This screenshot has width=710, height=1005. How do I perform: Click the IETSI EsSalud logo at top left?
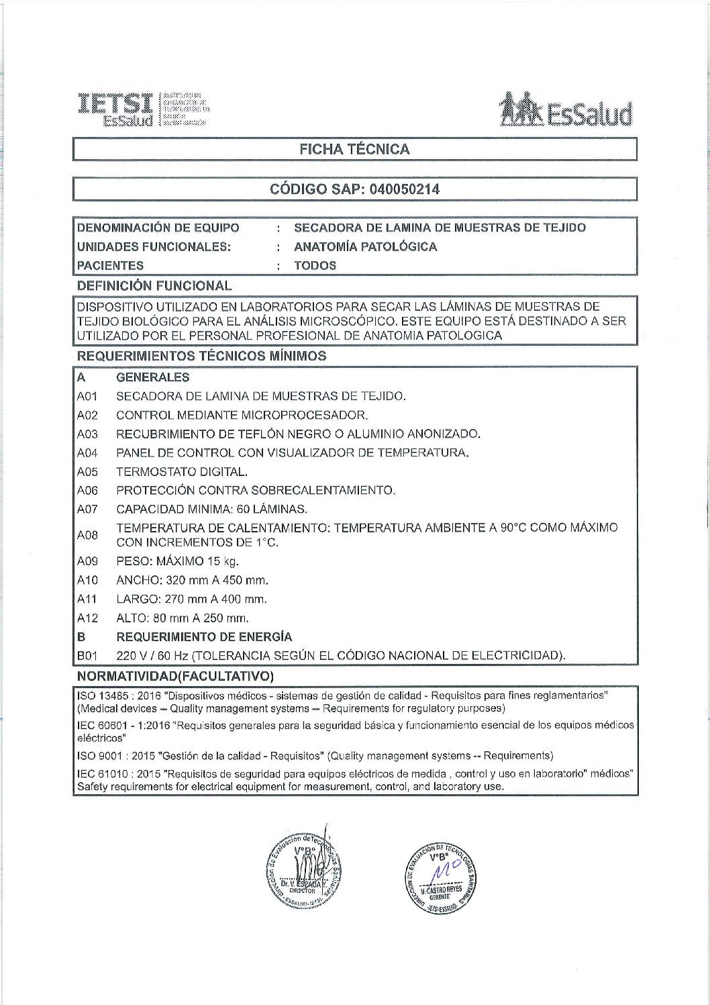142,109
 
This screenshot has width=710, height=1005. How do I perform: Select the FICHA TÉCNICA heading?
354,149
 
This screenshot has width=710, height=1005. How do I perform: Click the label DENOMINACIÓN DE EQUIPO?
158,228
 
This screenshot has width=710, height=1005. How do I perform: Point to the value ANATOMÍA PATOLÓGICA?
365,246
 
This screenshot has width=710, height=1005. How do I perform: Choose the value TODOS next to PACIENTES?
315,265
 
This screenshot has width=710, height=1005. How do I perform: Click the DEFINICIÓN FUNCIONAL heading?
154,285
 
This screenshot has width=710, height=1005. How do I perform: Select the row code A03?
87,434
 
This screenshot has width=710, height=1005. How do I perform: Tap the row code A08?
87,535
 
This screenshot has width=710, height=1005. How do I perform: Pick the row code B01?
87,655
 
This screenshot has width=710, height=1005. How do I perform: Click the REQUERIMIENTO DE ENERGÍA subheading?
204,636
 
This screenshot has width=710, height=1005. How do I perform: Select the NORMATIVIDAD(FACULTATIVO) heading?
175,675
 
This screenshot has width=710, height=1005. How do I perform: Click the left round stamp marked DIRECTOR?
303,872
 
